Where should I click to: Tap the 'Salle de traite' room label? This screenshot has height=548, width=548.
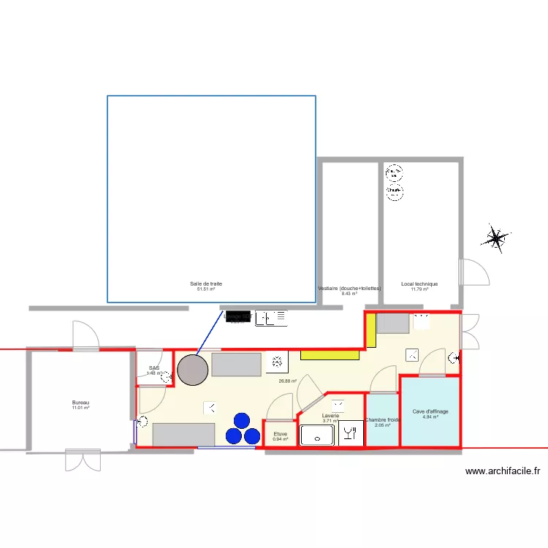pyautogui.click(x=206, y=283)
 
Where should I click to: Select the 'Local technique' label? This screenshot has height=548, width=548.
pyautogui.click(x=419, y=284)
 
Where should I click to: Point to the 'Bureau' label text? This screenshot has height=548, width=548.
pyautogui.click(x=80, y=403)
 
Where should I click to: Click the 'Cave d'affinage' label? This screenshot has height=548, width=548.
pyautogui.click(x=430, y=411)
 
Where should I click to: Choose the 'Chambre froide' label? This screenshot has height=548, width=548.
pyautogui.click(x=383, y=420)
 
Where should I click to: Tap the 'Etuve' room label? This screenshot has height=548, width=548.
pyautogui.click(x=281, y=433)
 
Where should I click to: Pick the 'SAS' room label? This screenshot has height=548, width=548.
pyautogui.click(x=153, y=368)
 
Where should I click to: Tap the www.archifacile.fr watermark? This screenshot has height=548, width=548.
pyautogui.click(x=503, y=471)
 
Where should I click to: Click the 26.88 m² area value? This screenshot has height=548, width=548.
pyautogui.click(x=288, y=381)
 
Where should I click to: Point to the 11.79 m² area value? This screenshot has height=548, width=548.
pyautogui.click(x=419, y=289)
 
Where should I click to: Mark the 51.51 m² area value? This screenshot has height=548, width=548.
pyautogui.click(x=206, y=289)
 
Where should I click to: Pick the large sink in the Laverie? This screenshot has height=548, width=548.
pyautogui.click(x=317, y=435)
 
